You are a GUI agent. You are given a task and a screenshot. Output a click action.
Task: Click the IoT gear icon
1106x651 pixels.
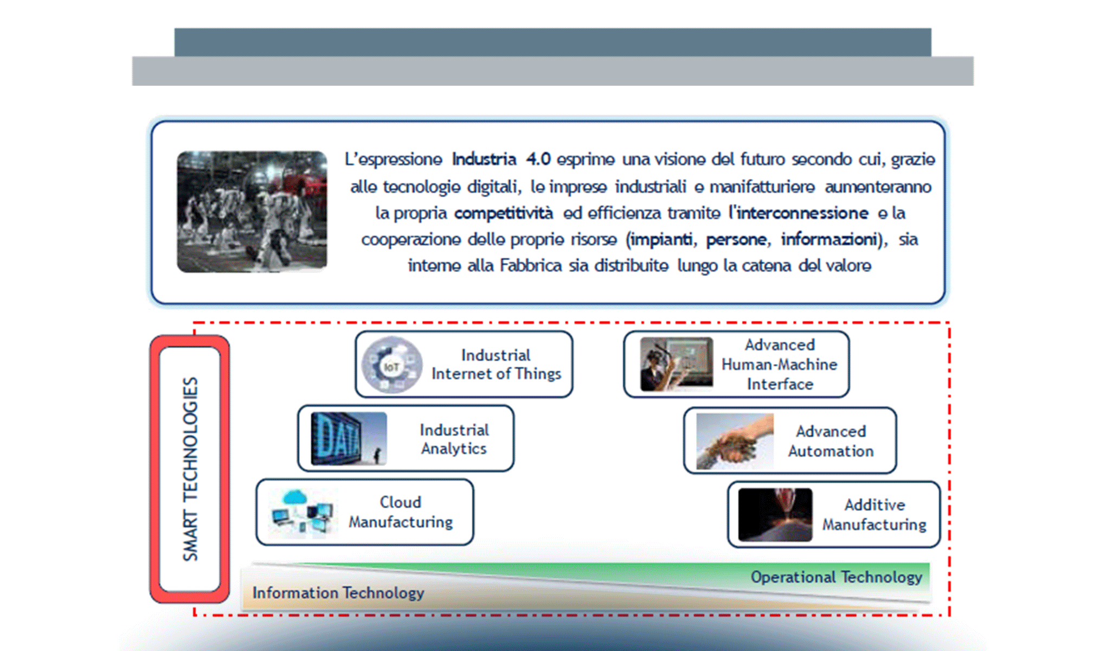pos(392,365)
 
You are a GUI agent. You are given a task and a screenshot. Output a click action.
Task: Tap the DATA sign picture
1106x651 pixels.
pos(349,439)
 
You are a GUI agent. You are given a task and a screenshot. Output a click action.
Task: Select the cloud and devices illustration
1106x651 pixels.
pos(302,513)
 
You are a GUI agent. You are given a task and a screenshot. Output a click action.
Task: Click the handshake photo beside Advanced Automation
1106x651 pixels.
pos(735,441)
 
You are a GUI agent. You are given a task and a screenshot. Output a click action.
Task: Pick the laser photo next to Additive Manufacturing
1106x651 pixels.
pos(775,515)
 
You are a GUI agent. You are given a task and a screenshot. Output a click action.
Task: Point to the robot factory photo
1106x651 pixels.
pos(252,212)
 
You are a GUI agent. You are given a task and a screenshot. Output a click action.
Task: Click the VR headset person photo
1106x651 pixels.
pos(676,364)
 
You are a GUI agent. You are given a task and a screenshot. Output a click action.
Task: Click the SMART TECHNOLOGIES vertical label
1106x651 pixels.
pos(190,469)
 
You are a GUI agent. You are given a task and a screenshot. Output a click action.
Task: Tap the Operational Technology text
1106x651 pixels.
pos(836,577)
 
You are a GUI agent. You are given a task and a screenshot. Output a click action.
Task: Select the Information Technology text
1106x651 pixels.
pos(338,593)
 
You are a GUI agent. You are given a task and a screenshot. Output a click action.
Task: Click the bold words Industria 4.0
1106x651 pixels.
pos(501,159)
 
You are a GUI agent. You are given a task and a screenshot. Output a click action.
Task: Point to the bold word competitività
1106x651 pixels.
pos(504,213)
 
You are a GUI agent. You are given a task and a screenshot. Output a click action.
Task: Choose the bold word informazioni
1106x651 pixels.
pos(829,239)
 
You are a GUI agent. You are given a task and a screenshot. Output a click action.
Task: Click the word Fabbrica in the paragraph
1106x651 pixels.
pos(531,266)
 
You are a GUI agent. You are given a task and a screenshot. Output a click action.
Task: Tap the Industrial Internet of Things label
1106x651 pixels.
pos(496,365)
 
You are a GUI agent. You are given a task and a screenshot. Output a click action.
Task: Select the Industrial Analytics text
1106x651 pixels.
pos(454,439)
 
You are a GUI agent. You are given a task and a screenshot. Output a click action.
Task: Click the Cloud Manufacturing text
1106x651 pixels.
pos(401,512)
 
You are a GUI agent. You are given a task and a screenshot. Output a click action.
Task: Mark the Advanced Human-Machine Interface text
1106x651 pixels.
pos(780,365)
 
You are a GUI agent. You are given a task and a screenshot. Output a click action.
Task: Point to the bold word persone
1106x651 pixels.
pos(737,239)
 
